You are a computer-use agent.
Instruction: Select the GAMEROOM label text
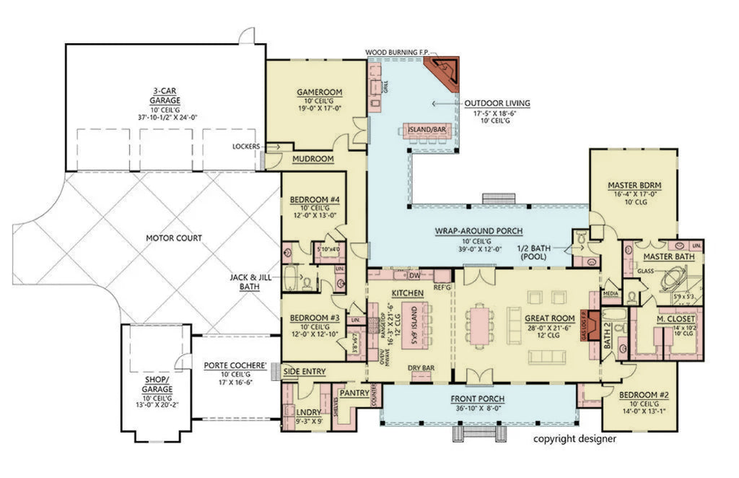(319, 92)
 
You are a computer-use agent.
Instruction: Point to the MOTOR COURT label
(174, 238)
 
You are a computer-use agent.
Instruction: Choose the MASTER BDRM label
(634, 185)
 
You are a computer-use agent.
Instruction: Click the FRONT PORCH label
(478, 399)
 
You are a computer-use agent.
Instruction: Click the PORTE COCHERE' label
(234, 365)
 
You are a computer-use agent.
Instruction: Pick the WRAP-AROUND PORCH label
(478, 231)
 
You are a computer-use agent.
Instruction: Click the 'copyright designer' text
(574, 438)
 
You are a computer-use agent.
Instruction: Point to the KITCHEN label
(406, 293)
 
